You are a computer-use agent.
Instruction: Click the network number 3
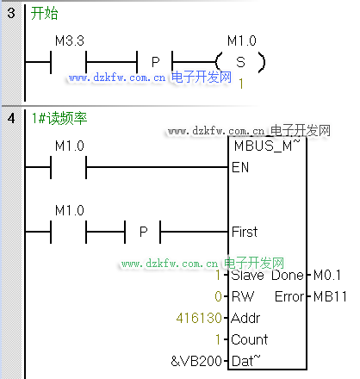(11, 13)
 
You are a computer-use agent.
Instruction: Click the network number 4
(11, 118)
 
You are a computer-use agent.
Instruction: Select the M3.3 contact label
(70, 40)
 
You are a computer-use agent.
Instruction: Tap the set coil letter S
(240, 62)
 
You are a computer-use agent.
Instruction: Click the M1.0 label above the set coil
(242, 40)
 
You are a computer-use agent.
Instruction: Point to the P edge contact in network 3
(155, 62)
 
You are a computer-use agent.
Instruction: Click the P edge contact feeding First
(143, 232)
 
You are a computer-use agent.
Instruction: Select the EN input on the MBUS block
(240, 167)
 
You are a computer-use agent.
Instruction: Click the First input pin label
(245, 232)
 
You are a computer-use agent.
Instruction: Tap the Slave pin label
(247, 275)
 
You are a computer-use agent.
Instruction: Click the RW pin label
(243, 296)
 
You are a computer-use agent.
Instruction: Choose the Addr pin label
(245, 318)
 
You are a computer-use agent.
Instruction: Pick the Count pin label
(250, 339)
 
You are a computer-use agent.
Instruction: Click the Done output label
(288, 275)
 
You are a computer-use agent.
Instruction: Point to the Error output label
(289, 296)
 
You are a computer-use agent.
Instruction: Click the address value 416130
(199, 318)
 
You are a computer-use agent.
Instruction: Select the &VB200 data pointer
(196, 361)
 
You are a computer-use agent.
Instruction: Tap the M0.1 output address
(327, 275)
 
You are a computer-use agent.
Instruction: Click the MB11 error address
(330, 296)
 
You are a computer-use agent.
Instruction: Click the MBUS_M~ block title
(267, 146)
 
